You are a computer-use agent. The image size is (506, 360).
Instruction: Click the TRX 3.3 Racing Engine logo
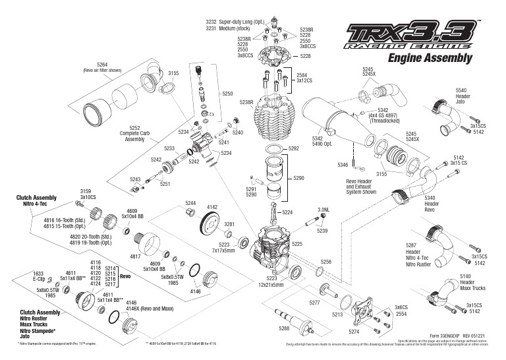[408, 38]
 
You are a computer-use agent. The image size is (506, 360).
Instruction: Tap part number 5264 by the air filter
[101, 64]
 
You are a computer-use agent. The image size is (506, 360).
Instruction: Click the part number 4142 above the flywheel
[212, 206]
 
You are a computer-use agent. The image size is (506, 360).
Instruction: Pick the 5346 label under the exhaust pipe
[342, 164]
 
